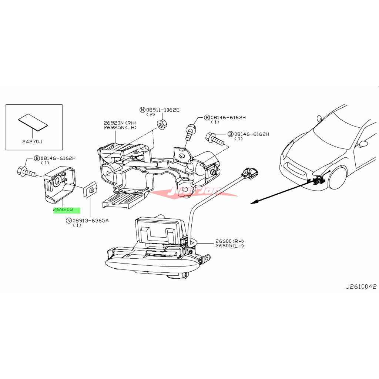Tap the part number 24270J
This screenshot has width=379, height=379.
click(x=33, y=141)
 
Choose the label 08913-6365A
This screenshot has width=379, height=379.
click(x=91, y=221)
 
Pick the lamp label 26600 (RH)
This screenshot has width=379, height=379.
click(x=229, y=242)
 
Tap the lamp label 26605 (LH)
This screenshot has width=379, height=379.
click(x=229, y=246)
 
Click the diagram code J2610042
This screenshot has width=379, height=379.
click(x=361, y=286)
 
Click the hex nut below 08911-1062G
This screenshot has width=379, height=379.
click(x=161, y=124)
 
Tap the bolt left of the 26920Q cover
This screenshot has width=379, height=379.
click(x=26, y=172)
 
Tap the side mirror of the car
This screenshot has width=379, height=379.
click(x=363, y=144)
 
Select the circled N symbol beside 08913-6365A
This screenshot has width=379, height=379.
click(x=68, y=221)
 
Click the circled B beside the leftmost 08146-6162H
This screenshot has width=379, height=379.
click(x=37, y=158)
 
